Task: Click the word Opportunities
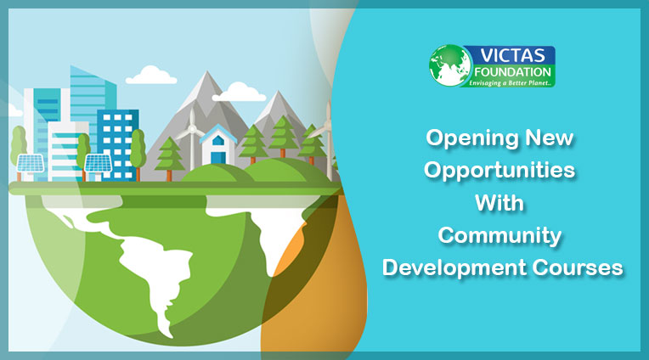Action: click(x=500, y=170)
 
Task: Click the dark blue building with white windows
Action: click(x=117, y=143)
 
